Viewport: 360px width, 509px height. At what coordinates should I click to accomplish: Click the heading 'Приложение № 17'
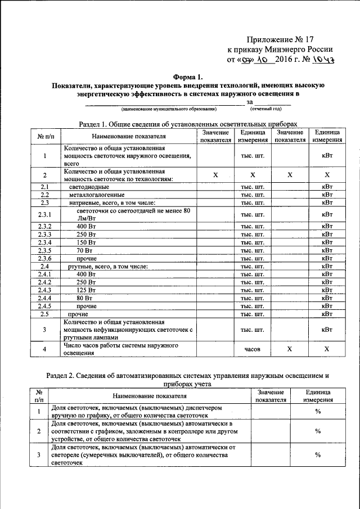tap(280, 39)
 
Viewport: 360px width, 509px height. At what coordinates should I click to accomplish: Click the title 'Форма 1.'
tap(187, 76)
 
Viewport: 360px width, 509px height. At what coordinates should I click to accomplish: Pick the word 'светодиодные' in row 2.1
tap(89, 186)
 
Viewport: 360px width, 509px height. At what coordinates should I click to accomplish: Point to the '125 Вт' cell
tap(87, 290)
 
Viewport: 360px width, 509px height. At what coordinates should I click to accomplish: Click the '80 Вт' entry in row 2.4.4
tap(85, 298)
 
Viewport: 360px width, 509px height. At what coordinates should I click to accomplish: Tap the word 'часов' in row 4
tap(253, 349)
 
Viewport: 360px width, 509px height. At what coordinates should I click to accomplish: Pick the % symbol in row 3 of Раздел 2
tap(318, 455)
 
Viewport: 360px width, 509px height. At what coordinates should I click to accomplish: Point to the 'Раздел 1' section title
tap(186, 124)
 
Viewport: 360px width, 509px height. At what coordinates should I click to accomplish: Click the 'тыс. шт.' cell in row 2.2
tap(253, 195)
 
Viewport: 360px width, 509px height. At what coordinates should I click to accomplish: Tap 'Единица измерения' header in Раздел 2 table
tap(318, 395)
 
